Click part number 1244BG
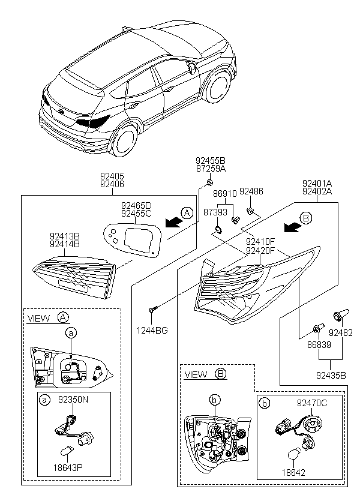152,331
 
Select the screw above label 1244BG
152,310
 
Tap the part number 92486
251,191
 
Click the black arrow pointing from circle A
174,222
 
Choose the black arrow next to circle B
293,227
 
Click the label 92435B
331,375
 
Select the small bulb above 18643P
67,451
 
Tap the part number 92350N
73,400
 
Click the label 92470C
312,403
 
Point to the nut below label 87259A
209,182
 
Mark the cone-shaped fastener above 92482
341,314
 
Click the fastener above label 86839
318,329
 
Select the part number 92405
112,176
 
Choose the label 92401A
317,183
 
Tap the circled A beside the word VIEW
63,317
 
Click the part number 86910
225,194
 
